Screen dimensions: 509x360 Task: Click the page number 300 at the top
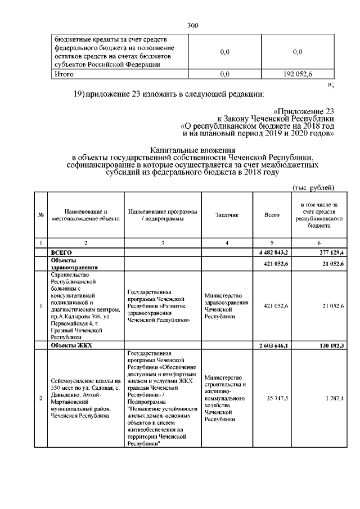(x=192, y=25)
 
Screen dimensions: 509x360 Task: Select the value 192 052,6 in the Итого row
(x=298, y=74)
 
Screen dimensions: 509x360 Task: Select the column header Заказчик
(x=226, y=215)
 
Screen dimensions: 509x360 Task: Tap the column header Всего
(x=272, y=215)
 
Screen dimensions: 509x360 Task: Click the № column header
(x=40, y=215)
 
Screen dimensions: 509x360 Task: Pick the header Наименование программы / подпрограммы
(x=163, y=215)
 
